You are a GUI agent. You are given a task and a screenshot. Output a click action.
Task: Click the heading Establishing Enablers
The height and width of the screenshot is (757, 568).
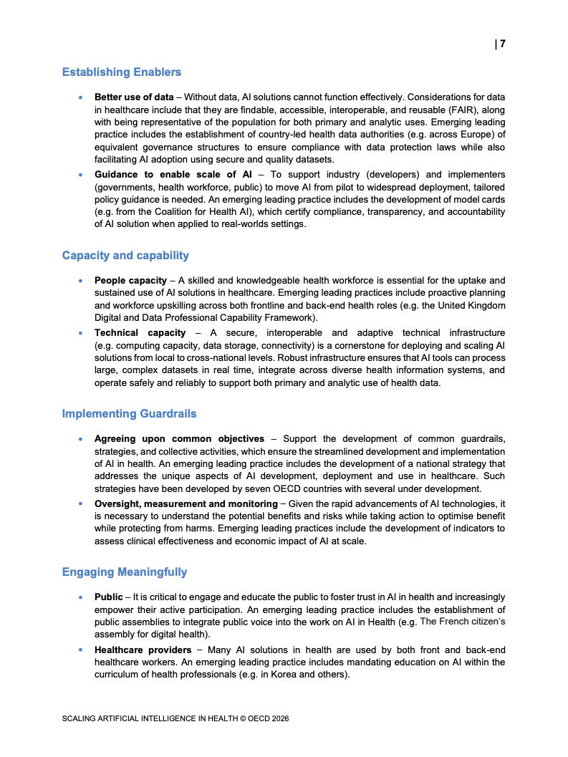click(x=122, y=72)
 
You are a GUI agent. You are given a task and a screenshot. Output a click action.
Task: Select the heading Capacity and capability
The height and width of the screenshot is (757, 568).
click(x=125, y=256)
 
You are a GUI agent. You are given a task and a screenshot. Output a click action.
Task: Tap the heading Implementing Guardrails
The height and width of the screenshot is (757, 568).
click(x=129, y=414)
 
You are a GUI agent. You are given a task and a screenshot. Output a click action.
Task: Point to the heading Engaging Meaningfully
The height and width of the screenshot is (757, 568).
click(x=125, y=572)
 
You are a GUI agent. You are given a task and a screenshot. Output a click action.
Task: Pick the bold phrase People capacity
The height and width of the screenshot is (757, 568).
click(x=130, y=280)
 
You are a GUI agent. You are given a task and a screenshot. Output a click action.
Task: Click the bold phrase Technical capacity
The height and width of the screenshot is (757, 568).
click(x=140, y=333)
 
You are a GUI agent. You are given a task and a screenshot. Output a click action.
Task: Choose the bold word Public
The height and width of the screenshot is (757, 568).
click(x=109, y=597)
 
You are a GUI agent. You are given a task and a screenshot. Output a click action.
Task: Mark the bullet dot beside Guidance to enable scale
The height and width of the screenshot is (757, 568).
click(x=82, y=175)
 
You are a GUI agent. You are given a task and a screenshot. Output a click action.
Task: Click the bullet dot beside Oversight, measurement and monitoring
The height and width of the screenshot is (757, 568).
click(x=82, y=504)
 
